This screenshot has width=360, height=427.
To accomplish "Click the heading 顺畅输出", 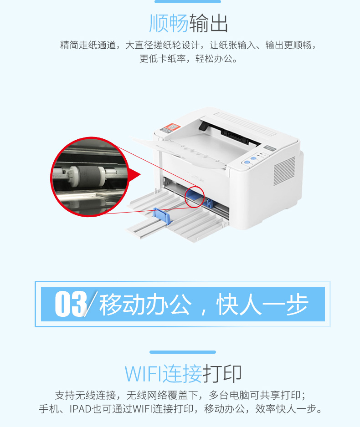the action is (188, 23).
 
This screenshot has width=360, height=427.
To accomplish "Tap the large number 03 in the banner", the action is (71, 304).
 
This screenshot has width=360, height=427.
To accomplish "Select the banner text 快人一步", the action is (262, 304).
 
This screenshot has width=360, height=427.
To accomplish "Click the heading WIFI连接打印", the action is (183, 373).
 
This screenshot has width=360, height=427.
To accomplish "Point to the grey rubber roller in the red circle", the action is (87, 176).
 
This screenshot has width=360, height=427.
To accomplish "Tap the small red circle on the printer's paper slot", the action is (194, 197).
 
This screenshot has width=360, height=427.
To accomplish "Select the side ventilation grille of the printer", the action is (284, 170).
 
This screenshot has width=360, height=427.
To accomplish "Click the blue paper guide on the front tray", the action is (162, 216).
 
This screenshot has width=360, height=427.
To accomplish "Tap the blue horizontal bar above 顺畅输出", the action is (188, 1).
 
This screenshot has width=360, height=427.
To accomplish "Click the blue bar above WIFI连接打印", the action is (183, 352).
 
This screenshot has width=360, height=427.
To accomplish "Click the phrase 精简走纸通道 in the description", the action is (88, 45).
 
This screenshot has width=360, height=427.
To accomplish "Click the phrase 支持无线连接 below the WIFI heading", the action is (83, 395).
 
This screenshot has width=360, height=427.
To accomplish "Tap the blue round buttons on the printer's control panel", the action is (251, 160).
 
